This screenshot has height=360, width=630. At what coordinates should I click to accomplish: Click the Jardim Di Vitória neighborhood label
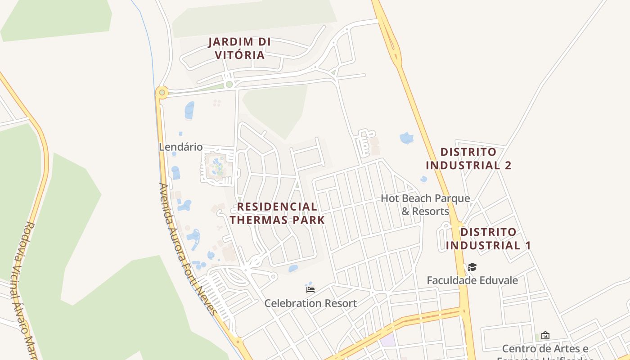239,49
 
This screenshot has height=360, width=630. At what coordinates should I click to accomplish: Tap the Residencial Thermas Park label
277,213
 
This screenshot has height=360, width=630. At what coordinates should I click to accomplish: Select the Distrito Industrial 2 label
468,158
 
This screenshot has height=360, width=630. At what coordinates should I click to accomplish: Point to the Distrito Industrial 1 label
488,238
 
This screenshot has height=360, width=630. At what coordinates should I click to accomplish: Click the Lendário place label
180,147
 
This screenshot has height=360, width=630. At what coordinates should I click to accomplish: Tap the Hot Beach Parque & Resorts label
425,205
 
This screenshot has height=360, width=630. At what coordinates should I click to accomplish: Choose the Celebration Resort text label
310,303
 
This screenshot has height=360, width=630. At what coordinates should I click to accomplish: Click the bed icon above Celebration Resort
310,289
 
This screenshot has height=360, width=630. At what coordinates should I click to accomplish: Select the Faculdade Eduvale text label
472,280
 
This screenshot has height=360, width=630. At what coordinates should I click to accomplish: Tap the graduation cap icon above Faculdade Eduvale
472,267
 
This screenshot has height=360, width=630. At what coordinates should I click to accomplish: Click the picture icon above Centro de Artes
545,335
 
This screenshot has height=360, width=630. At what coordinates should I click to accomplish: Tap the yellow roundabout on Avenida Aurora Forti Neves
162,93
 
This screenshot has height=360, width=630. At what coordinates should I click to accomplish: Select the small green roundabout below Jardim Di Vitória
229,84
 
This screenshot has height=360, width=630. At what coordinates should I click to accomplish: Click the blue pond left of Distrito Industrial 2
406,138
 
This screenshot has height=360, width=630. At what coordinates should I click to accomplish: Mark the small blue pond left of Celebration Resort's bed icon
293,269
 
